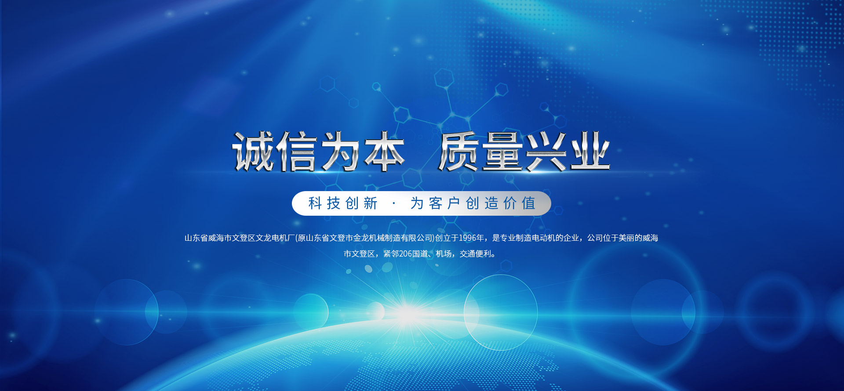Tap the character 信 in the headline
(x=296, y=151)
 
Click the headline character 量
(x=502, y=151)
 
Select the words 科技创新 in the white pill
(x=343, y=203)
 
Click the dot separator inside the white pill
(x=394, y=203)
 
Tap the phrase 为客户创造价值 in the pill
(x=473, y=203)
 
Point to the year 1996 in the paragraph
(x=468, y=238)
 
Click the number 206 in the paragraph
(x=405, y=253)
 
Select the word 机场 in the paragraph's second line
(x=444, y=253)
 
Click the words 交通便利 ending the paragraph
(x=475, y=253)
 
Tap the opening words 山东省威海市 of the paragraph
(x=208, y=238)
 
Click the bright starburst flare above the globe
(x=408, y=313)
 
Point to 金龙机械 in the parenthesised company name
(x=369, y=238)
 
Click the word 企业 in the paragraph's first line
(x=571, y=238)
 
